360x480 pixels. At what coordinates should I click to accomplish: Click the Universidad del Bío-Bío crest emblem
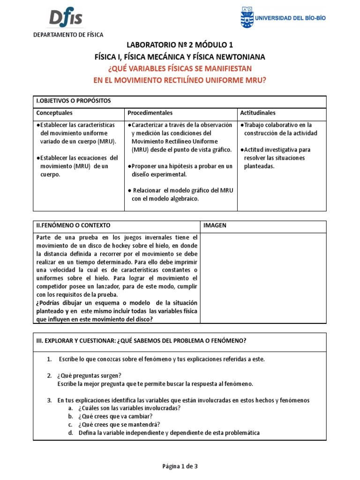(x=246, y=18)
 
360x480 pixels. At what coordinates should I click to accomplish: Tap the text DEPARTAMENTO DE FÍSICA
(x=67, y=35)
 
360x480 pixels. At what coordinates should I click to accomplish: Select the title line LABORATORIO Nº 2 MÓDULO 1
(x=180, y=45)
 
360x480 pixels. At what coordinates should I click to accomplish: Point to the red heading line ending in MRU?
(x=180, y=80)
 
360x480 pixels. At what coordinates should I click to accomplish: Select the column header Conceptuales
(x=54, y=113)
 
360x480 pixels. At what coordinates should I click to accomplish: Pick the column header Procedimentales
(x=150, y=113)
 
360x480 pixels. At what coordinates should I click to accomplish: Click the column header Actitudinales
(x=257, y=113)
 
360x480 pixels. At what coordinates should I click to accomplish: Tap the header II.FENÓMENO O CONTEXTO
(x=74, y=225)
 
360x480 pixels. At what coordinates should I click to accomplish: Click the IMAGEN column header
(x=215, y=225)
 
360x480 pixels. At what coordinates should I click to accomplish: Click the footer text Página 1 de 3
(x=180, y=466)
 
